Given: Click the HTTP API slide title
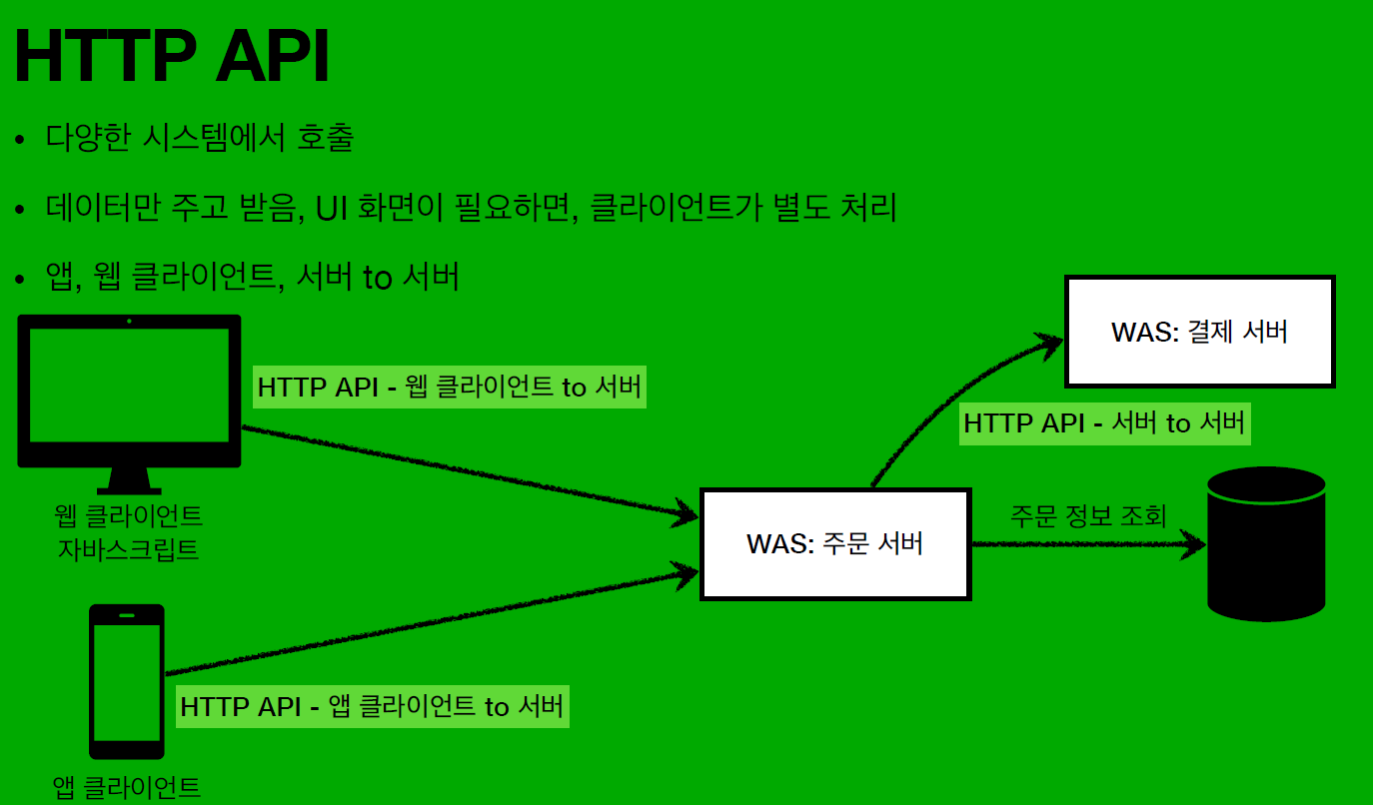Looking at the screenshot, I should (x=172, y=58).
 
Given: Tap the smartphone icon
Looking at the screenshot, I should (x=127, y=682).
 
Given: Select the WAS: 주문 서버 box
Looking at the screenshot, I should (x=835, y=544).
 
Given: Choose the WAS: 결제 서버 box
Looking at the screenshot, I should (x=1199, y=332).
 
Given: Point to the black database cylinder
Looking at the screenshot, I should (x=1266, y=544).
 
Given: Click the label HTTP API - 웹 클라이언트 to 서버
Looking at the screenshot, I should (x=450, y=387).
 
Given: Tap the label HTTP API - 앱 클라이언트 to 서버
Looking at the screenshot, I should (x=373, y=706).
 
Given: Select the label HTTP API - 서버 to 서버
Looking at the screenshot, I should (x=1105, y=422).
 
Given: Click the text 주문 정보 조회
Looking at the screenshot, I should (x=1087, y=516).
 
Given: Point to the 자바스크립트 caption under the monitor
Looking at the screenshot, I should (x=129, y=548).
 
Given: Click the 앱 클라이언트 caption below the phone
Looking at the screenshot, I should (x=127, y=787).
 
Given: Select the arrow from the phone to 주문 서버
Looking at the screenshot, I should (x=430, y=621).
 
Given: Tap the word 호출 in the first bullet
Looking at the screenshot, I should (x=325, y=138).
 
